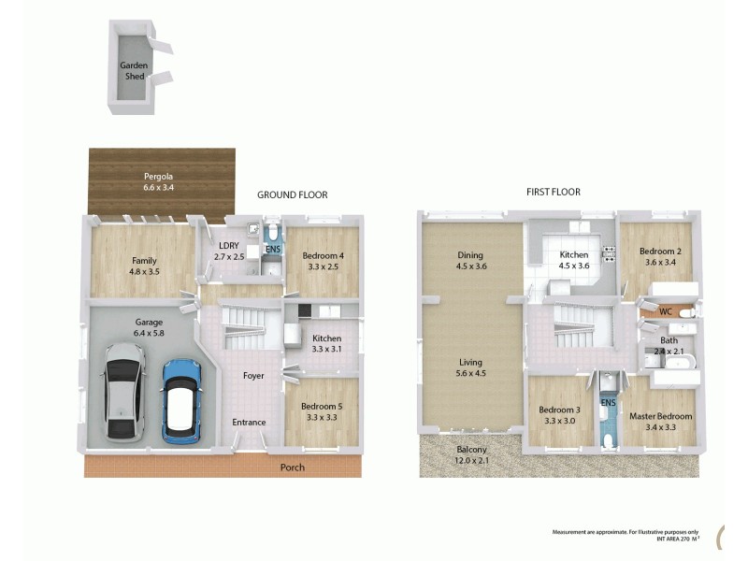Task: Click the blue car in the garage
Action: tap(183, 401)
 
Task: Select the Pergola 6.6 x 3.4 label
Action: tap(158, 182)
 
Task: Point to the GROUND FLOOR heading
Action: tap(293, 195)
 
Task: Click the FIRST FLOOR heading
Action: tap(553, 192)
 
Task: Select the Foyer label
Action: tap(252, 376)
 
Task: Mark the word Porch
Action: tap(293, 467)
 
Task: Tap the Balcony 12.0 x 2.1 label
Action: tap(471, 455)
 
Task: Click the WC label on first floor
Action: tap(666, 311)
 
